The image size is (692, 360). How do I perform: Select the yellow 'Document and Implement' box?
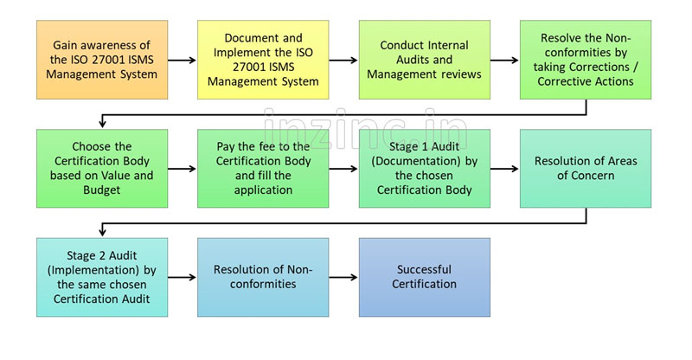coord(263,60)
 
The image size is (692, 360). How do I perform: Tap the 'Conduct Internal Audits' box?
coord(424,60)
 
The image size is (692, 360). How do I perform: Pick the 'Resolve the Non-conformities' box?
coord(585,60)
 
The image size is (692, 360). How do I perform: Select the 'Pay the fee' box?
coord(263,169)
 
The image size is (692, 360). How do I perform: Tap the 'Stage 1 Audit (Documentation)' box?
coord(424,169)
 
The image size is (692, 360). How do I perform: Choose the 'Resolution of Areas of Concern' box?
coord(585,169)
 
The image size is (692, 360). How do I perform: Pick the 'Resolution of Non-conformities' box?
coord(263,277)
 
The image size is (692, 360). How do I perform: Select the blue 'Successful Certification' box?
coord(424,277)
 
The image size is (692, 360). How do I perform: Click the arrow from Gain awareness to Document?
coord(182,61)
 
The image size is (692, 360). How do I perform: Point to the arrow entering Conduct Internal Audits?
coord(343,61)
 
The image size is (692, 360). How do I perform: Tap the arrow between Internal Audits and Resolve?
coord(504,61)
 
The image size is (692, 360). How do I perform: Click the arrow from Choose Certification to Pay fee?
coord(182,169)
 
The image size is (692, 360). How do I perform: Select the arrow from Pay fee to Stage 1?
coord(343,169)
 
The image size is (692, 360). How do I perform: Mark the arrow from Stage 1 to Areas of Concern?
coord(504,169)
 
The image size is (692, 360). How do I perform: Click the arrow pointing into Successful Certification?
coord(343,277)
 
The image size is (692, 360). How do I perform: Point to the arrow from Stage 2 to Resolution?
coord(182,277)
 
